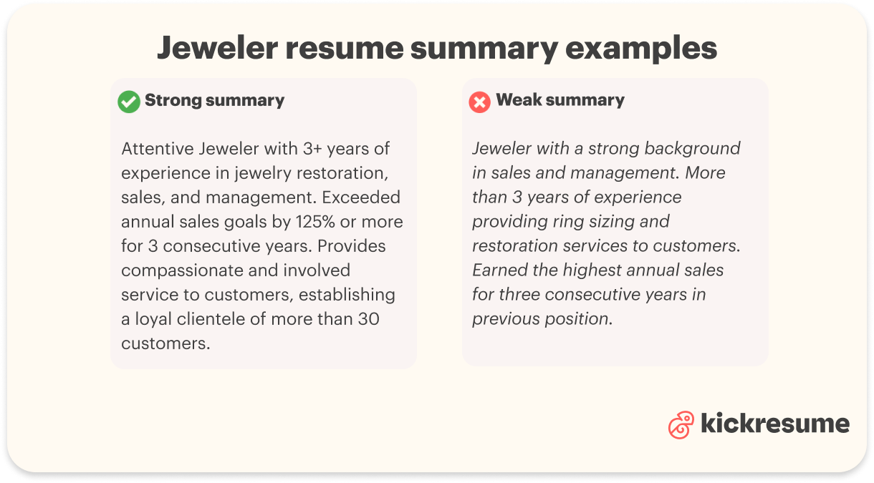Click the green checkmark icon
click(x=129, y=102)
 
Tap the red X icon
click(x=479, y=102)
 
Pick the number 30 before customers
click(x=368, y=318)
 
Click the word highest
click(x=595, y=270)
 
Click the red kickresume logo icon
click(x=681, y=425)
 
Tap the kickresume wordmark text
click(x=774, y=424)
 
